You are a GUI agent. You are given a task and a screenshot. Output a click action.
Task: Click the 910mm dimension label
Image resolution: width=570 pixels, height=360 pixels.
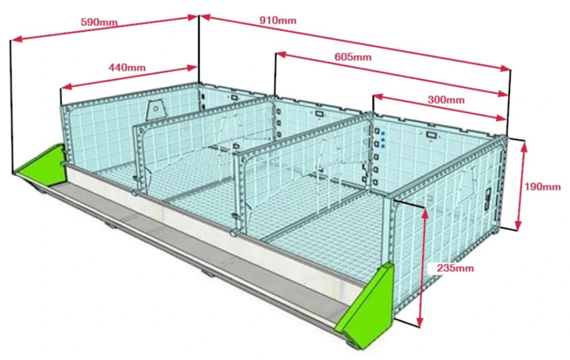click(x=278, y=20)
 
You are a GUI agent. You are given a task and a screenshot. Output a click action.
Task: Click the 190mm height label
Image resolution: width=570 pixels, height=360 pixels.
click(x=542, y=187)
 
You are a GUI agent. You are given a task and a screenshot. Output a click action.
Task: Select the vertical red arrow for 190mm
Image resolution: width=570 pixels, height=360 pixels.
click(x=524, y=185)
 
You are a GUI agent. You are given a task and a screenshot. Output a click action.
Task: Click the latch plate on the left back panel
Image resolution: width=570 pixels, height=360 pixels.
click(x=155, y=110)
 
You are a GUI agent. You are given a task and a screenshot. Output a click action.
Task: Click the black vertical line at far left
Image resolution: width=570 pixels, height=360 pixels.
click(x=11, y=107)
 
